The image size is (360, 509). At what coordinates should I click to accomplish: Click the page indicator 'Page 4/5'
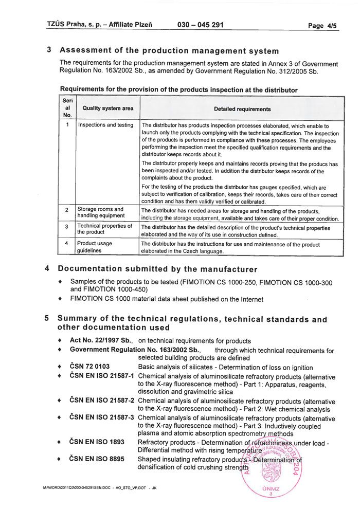[322, 26]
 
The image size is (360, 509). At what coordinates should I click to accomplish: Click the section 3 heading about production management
[169, 51]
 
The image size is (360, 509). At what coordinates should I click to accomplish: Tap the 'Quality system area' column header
[107, 109]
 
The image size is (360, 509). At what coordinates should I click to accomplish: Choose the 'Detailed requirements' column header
[242, 109]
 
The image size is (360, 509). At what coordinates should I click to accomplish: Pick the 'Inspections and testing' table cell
[105, 125]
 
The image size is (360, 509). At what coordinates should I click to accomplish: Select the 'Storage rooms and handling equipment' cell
[100, 212]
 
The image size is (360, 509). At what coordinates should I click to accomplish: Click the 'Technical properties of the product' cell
[104, 229]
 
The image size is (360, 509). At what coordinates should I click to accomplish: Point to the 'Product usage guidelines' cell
[95, 247]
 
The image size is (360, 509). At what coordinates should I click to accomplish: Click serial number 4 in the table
[67, 244]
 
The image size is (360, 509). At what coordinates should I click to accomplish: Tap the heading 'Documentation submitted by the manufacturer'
[157, 269]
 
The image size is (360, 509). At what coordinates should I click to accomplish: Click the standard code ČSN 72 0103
[89, 367]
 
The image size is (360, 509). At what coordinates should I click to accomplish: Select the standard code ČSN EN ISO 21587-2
[102, 401]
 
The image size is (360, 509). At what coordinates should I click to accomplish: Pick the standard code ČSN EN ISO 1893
[97, 442]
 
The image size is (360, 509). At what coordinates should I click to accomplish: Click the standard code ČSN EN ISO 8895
[97, 459]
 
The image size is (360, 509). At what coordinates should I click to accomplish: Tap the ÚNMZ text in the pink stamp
[271, 488]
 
